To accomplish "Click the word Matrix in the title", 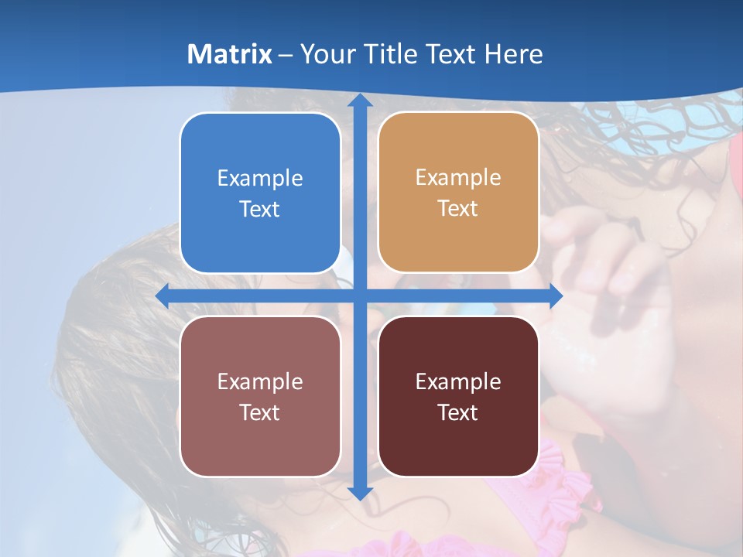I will tap(230, 54).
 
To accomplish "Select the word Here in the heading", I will tap(513, 54).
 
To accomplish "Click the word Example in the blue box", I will tap(260, 178).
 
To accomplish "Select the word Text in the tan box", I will tap(458, 209).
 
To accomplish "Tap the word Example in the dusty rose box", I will tap(260, 381).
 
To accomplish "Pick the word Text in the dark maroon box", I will tap(458, 412).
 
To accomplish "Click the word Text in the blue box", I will tap(260, 209).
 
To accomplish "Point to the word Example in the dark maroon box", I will tap(458, 381).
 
